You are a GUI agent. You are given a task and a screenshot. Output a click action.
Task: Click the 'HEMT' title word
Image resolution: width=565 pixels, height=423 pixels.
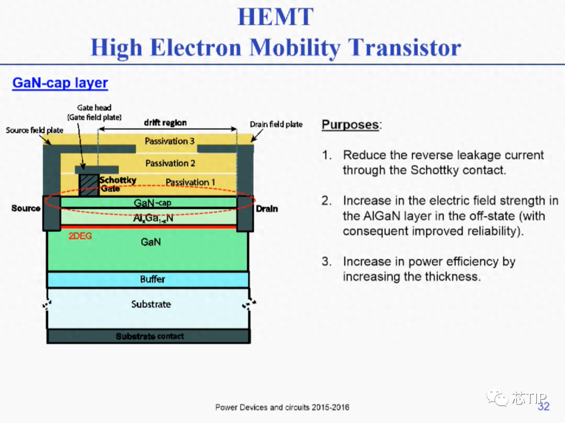[x=276, y=17]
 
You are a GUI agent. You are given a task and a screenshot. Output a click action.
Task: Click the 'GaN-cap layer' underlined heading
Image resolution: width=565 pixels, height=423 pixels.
[x=60, y=83]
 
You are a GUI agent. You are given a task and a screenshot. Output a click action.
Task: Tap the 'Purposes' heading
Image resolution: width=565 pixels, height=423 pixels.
[x=350, y=125]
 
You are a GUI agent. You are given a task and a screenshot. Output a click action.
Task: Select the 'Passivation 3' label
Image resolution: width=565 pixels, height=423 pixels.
[x=169, y=141]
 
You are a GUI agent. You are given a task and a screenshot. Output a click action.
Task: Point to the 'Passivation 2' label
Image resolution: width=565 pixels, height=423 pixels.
[x=170, y=163]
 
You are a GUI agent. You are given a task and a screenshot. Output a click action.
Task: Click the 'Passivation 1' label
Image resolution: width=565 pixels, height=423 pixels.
[x=190, y=182]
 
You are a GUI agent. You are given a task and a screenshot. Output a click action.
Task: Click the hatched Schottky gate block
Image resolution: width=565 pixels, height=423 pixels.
[x=88, y=185]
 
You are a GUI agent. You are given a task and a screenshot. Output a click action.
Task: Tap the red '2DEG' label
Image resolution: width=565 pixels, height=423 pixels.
[x=80, y=237]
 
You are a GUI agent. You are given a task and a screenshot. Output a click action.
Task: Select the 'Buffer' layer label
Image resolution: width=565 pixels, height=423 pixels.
[x=152, y=279]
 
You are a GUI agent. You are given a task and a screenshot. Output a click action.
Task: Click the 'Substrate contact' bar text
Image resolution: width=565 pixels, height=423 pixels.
[x=150, y=336]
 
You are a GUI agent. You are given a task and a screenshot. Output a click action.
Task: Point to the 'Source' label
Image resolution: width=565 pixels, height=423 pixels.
[x=26, y=208]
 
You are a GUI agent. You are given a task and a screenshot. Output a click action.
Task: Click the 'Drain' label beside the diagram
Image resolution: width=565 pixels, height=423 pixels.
[x=267, y=208]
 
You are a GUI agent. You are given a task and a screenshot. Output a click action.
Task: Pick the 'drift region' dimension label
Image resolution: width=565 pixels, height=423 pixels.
[x=165, y=123]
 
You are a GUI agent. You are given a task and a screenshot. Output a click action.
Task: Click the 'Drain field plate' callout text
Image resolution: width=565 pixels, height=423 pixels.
[x=276, y=124]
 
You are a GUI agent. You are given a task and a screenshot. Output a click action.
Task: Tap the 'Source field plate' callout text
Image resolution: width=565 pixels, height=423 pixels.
[x=35, y=130]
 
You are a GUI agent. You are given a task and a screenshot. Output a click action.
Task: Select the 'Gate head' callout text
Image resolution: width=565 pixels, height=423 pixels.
[x=94, y=108]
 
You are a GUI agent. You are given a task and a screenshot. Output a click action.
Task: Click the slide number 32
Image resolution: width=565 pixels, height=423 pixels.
[x=544, y=406]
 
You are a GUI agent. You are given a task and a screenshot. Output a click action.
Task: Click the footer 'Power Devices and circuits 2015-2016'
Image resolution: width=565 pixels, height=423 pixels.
[x=282, y=407]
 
